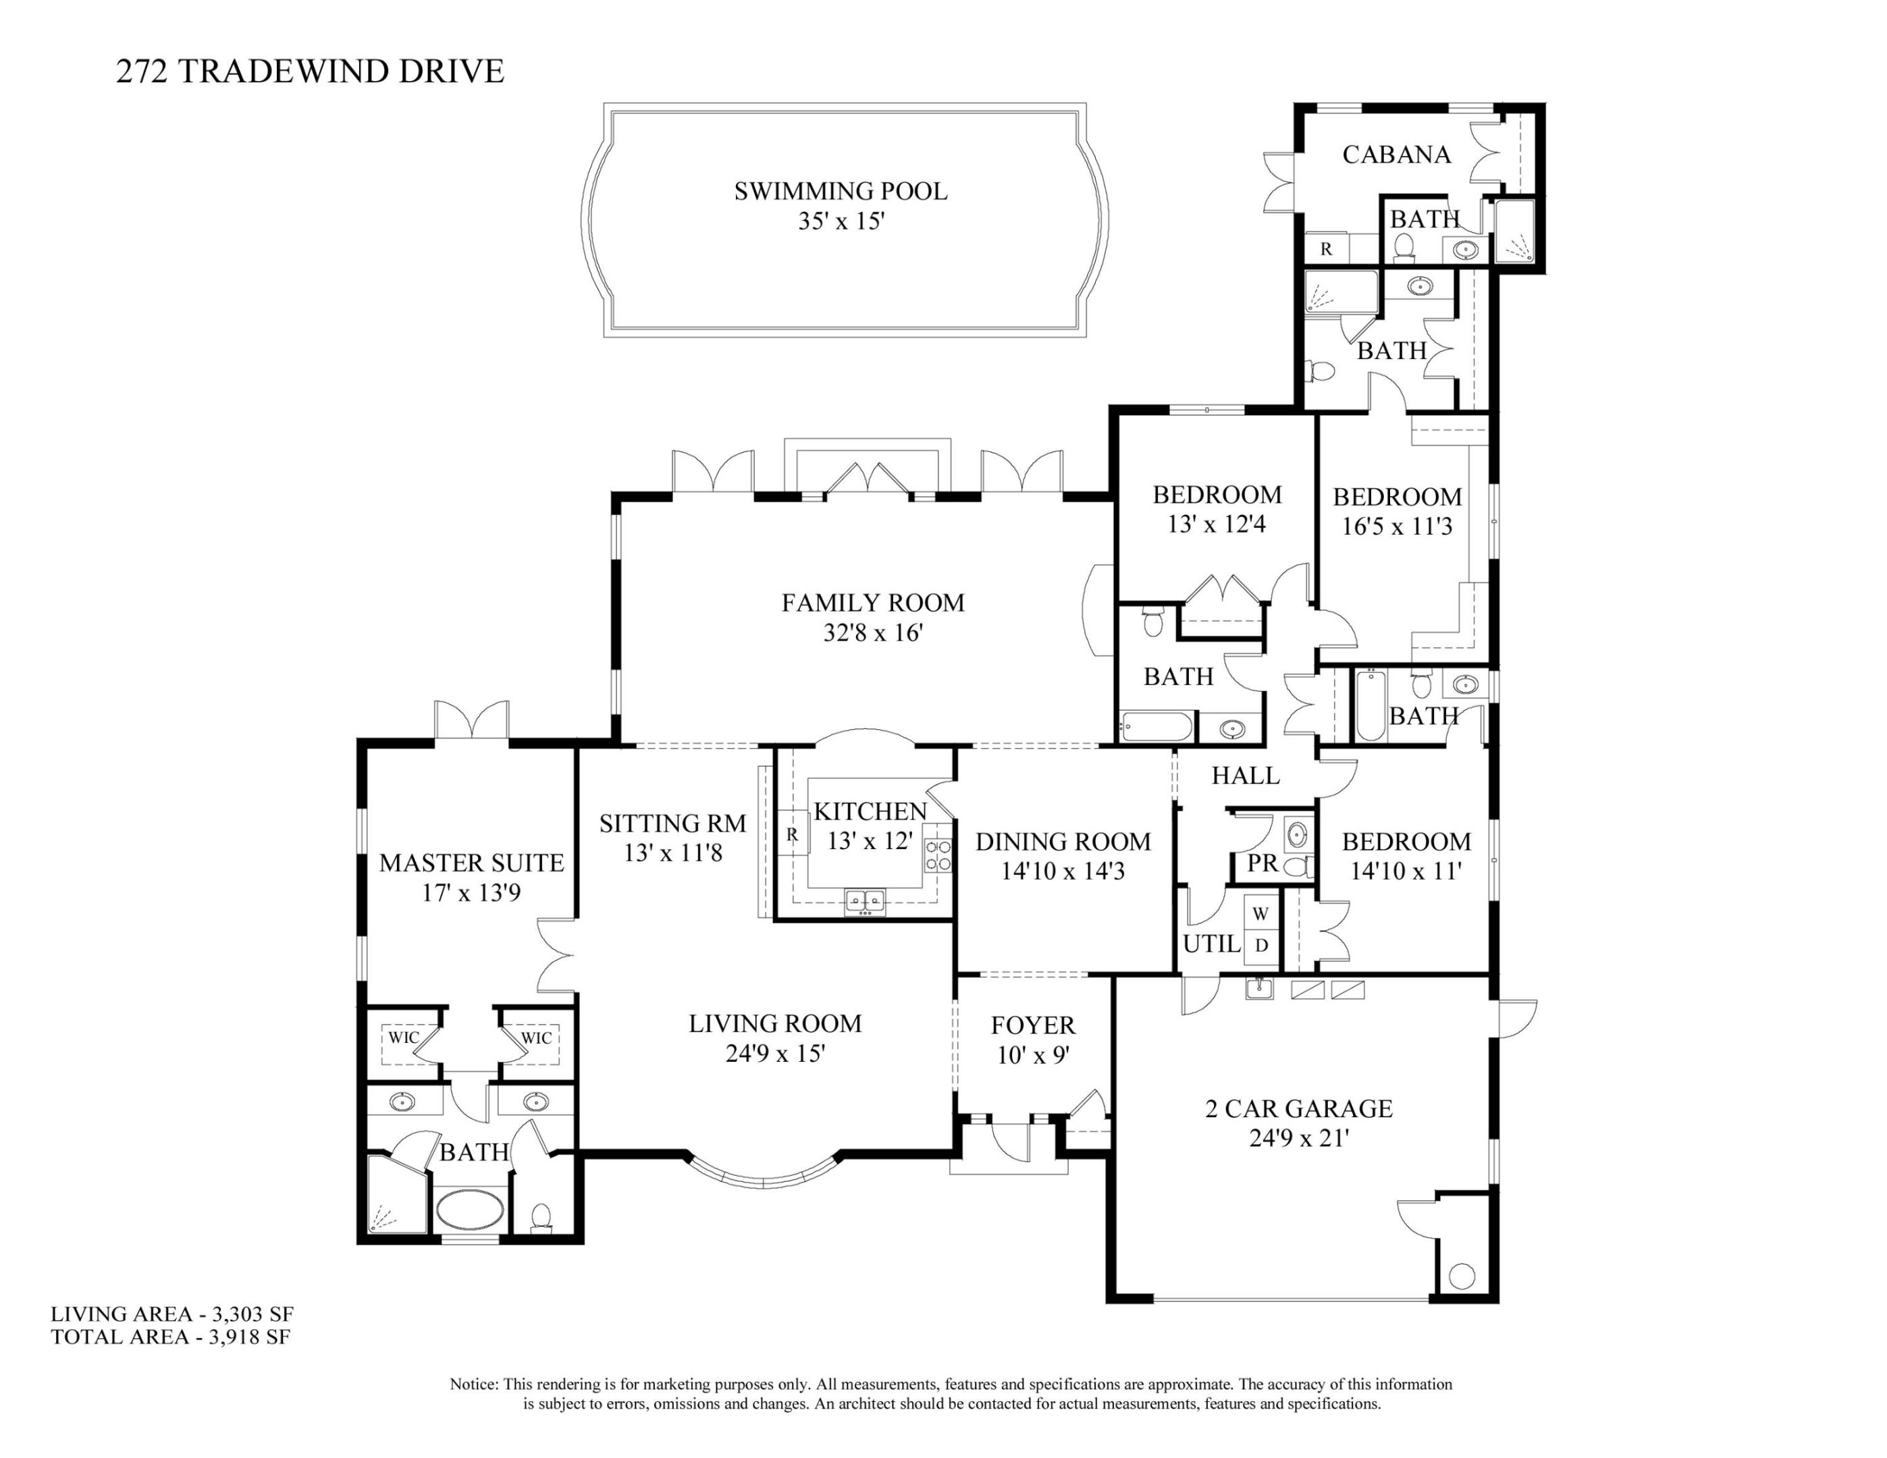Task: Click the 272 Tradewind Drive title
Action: tap(309, 71)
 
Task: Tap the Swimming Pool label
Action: tap(840, 191)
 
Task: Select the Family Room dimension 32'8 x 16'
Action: tap(873, 633)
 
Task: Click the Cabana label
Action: tap(1396, 155)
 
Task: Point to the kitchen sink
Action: tap(865, 901)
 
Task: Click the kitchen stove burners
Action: tap(938, 855)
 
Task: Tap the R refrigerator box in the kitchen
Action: tap(791, 834)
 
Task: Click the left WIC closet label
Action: tap(402, 1037)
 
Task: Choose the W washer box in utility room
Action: tap(1260, 913)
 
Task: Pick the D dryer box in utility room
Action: tap(1260, 946)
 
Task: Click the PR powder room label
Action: tap(1263, 863)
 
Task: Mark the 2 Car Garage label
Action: tap(1298, 1108)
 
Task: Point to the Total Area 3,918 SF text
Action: tap(170, 1337)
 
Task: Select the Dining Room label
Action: tap(1063, 841)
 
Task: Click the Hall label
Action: tap(1245, 776)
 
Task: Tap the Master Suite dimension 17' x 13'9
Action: tap(471, 892)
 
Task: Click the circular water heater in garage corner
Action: tap(1461, 1276)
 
